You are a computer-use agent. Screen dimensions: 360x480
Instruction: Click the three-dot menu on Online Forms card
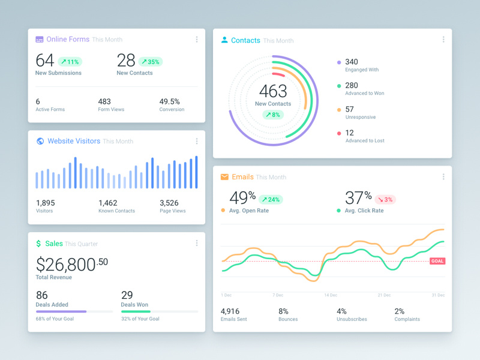pos(197,40)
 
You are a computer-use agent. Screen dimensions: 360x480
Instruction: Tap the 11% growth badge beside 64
pos(70,62)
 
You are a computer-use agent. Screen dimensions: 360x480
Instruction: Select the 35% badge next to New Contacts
pos(151,62)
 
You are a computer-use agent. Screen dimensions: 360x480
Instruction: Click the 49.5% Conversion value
pos(170,101)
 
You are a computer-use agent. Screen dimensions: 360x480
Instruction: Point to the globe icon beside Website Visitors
pos(40,141)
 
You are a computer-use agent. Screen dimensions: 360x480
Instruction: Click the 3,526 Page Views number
pos(169,203)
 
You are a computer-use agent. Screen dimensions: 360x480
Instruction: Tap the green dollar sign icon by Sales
pos(38,244)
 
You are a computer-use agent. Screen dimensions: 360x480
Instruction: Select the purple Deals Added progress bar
pos(61,311)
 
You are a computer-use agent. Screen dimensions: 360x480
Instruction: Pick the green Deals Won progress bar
pos(136,311)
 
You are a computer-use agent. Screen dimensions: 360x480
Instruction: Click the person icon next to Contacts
pos(224,40)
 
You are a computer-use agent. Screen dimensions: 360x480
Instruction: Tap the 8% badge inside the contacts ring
pos(273,115)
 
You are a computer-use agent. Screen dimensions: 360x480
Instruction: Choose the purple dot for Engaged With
pos(339,62)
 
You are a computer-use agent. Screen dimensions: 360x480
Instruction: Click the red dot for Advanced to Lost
pos(339,133)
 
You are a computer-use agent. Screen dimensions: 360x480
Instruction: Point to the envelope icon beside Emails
pos(224,177)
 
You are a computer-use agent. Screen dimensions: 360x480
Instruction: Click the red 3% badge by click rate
pos(385,199)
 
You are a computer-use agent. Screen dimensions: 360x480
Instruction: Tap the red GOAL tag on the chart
pos(437,261)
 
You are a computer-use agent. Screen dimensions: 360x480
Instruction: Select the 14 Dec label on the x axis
pos(331,295)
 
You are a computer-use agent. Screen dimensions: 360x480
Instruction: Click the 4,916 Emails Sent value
pos(230,311)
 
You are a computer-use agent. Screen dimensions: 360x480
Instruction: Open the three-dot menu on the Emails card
pos(443,177)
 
